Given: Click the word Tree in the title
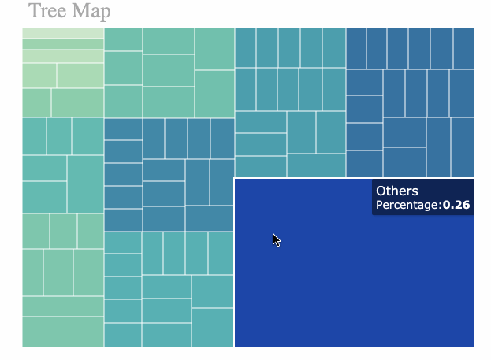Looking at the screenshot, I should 46,11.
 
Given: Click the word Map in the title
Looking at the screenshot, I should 89,11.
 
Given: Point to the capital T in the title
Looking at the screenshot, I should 34,11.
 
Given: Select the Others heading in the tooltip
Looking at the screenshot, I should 397,191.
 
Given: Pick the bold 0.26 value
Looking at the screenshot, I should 456,206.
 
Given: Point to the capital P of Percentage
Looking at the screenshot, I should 379,206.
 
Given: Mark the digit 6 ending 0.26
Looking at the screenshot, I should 466,206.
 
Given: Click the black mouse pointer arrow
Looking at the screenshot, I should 277,240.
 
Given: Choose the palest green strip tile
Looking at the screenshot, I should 63,32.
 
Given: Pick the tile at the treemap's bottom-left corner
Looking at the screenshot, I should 63,331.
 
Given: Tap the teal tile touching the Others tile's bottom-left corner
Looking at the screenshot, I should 213,327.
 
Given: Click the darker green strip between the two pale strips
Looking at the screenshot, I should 63,44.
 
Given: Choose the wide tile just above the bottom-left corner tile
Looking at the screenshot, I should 63,306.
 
